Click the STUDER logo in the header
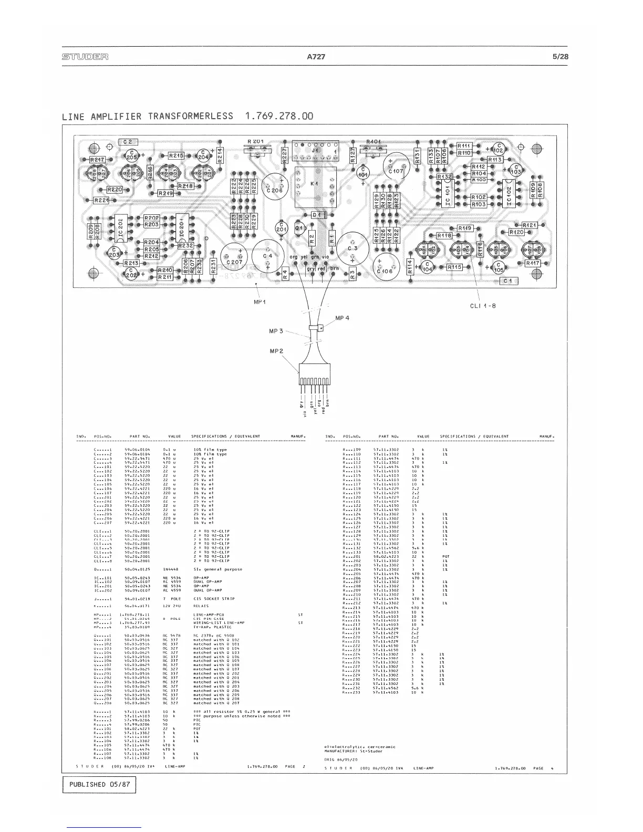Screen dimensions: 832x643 (85, 57)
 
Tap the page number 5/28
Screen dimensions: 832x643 (560, 57)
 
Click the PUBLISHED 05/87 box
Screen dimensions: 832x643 (99, 785)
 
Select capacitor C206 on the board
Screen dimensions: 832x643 (275, 190)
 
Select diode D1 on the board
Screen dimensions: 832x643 (316, 215)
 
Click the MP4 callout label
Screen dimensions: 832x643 (342, 318)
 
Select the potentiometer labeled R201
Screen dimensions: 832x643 (255, 142)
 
